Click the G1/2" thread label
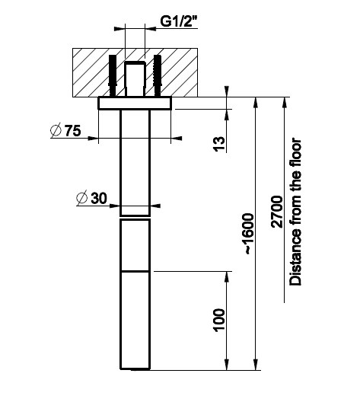[179, 21]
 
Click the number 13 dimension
[219, 144]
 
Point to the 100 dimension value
[219, 321]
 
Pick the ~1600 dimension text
[250, 234]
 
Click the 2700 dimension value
[277, 212]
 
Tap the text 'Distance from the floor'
[296, 212]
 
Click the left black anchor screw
[113, 75]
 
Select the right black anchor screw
[158, 75]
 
